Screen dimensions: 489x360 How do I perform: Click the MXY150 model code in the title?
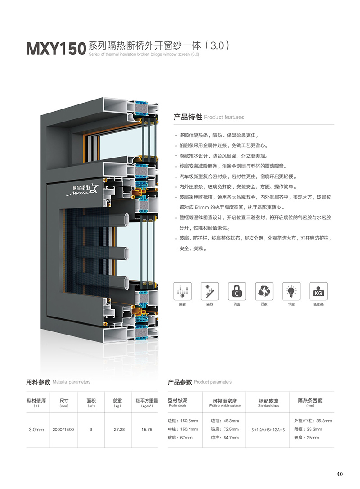[x=56, y=48]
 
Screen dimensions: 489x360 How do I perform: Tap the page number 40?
[x=340, y=474]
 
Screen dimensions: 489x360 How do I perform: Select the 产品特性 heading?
[x=188, y=117]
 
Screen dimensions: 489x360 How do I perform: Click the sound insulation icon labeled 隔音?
[x=182, y=291]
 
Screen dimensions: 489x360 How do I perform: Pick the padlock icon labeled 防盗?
[x=237, y=291]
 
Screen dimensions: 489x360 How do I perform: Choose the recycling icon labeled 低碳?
[x=264, y=291]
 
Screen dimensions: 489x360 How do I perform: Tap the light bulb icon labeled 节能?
[x=291, y=291]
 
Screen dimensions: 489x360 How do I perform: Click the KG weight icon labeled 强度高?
[x=318, y=291]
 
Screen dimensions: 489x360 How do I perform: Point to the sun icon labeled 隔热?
[x=209, y=291]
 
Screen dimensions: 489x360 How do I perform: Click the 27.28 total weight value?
[x=119, y=430]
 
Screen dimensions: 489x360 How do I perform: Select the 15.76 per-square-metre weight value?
[x=147, y=430]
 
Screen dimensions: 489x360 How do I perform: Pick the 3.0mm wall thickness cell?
[x=36, y=430]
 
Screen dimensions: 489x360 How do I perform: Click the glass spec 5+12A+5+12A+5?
[x=268, y=430]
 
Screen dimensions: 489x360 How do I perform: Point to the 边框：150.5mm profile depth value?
[x=183, y=421]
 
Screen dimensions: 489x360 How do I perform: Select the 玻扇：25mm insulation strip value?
[x=306, y=438]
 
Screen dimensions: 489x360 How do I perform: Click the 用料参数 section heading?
[x=38, y=382]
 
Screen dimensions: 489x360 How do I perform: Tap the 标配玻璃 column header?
[x=268, y=401]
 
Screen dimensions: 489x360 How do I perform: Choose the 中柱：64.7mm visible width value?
[x=225, y=438]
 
